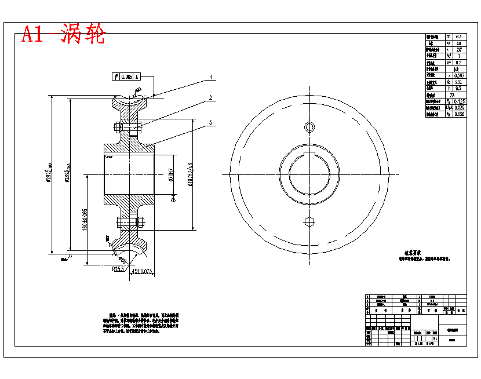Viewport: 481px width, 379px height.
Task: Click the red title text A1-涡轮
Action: (x=64, y=35)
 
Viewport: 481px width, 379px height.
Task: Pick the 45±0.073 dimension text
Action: (x=142, y=271)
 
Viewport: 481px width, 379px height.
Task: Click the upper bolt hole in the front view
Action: (x=309, y=127)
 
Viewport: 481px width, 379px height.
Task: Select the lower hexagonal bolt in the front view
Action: (x=309, y=221)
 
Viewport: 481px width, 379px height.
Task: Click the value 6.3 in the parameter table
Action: (x=459, y=37)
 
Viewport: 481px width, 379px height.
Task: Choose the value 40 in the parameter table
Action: (x=459, y=43)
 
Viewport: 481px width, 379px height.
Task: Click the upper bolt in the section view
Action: (x=128, y=127)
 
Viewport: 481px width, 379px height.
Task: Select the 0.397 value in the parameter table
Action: (x=459, y=75)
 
